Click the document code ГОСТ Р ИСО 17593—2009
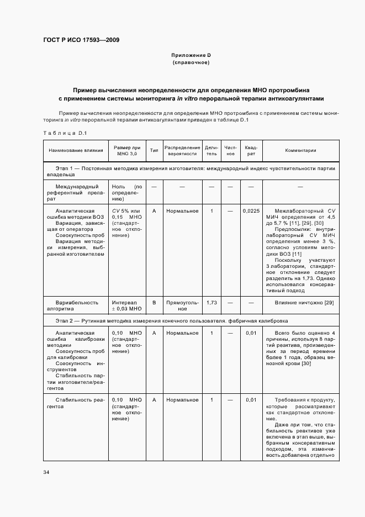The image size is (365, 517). pos(81,40)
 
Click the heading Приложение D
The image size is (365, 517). pos(191,55)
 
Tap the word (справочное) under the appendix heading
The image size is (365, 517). pos(191,62)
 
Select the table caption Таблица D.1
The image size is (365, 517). pos(65,133)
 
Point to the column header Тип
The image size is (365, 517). pos(154,150)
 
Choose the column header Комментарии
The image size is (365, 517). pos(300,150)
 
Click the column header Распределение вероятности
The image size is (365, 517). pos(182,150)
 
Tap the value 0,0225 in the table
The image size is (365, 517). pos(251,211)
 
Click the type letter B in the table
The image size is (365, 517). pos(154,303)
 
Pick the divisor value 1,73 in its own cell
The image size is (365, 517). pos(211,303)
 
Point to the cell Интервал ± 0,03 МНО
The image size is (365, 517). pos(127,305)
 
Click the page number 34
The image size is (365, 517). pos(46,472)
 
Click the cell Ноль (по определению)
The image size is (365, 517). pos(127,193)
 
